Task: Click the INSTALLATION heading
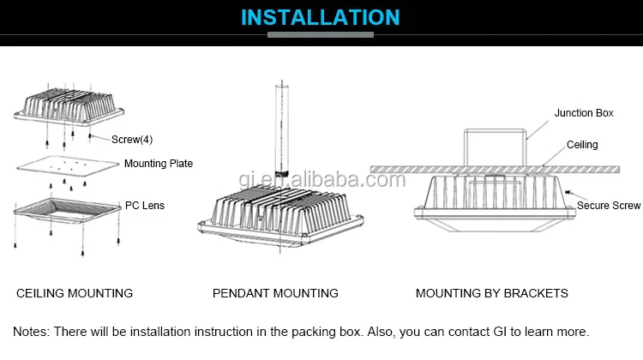tap(320, 17)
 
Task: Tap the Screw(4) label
tap(132, 140)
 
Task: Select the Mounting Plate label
tap(159, 164)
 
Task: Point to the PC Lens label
tap(145, 206)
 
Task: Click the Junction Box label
tap(583, 113)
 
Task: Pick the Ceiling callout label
tap(582, 145)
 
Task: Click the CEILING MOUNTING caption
tap(75, 293)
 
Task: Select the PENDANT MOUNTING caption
tap(275, 293)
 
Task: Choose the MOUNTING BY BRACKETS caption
tap(491, 293)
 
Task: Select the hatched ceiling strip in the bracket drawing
tap(403, 167)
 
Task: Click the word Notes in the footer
tap(30, 331)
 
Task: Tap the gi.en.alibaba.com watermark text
tap(321, 179)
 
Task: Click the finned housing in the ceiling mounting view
tap(69, 107)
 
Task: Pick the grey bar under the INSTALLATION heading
tap(321, 35)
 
